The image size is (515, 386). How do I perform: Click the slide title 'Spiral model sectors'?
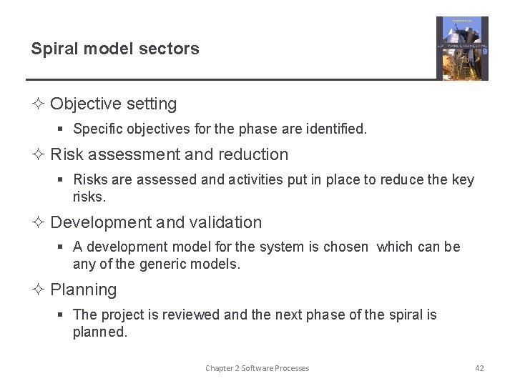(114, 49)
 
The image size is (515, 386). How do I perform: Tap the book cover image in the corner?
(462, 48)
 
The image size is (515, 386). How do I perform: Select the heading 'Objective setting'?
(113, 104)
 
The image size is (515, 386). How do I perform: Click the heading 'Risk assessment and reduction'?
(169, 154)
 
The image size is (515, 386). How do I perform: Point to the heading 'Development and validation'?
(156, 222)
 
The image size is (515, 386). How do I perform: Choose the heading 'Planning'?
(83, 289)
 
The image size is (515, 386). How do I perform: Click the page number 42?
(479, 368)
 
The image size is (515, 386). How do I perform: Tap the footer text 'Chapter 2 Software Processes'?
(257, 368)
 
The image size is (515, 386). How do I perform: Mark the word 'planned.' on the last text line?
(99, 332)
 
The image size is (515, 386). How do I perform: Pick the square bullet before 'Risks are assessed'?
(62, 180)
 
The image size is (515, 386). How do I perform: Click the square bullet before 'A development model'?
(62, 247)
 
